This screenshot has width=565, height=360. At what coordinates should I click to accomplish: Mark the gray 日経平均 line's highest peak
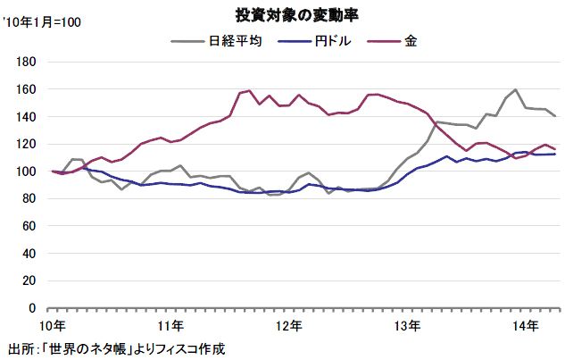click(515, 88)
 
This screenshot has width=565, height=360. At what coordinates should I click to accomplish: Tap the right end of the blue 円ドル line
click(555, 154)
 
